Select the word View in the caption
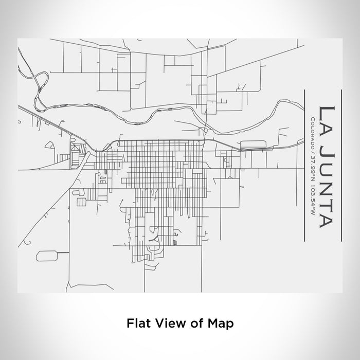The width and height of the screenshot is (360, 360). [x=164, y=323]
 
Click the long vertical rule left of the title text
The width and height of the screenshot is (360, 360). [x=303, y=164]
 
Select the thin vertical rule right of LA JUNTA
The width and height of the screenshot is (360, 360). [x=340, y=164]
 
